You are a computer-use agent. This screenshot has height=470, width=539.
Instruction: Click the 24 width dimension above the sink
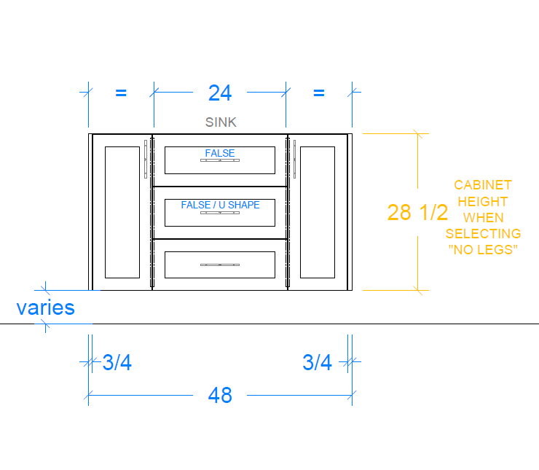[220, 93]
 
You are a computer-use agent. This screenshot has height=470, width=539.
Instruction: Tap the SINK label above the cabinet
[221, 122]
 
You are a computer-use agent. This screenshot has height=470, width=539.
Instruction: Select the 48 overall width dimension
[220, 396]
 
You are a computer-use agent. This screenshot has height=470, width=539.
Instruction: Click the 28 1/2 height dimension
[417, 212]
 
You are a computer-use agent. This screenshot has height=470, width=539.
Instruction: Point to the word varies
[46, 308]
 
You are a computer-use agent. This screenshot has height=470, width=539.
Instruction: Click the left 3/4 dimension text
[117, 362]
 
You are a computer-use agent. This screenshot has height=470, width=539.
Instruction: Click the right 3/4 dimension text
[317, 362]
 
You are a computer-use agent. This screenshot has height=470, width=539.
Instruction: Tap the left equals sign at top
[121, 93]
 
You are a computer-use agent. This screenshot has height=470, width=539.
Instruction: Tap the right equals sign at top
[319, 93]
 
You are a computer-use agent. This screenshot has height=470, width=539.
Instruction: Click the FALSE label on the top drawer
[220, 153]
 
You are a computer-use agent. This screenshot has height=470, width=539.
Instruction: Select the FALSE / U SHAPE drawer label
[221, 205]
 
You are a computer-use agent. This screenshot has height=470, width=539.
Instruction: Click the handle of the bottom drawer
[220, 265]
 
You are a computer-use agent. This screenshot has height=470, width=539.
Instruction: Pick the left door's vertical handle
[146, 159]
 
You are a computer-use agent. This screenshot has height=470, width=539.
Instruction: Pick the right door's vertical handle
[294, 159]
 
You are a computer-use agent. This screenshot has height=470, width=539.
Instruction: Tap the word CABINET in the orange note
[483, 185]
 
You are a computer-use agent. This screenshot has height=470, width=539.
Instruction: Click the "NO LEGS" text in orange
[483, 250]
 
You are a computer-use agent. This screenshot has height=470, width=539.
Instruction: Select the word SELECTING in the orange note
[483, 234]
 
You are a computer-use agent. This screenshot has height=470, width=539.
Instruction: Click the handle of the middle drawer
[220, 213]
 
